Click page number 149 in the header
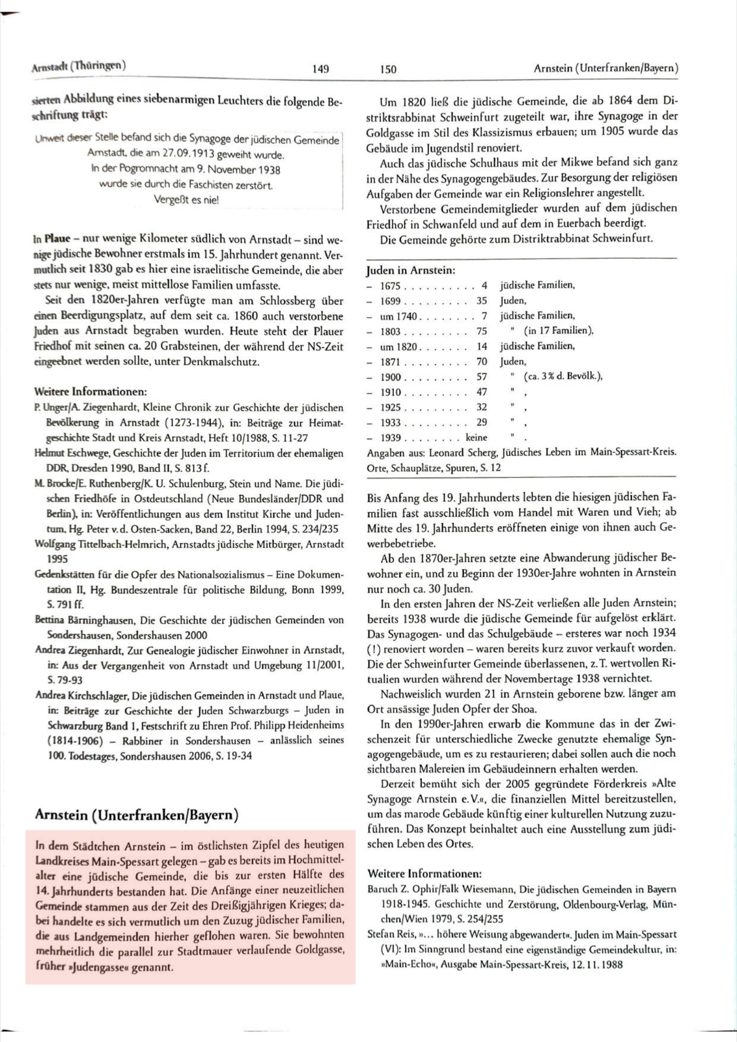tap(320, 68)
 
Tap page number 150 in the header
tap(388, 69)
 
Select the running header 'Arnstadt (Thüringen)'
tap(79, 66)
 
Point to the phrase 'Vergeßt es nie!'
tap(186, 199)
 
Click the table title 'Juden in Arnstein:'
tap(411, 270)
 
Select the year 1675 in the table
tap(391, 286)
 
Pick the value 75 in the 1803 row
tap(482, 331)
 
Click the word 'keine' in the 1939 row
tap(477, 438)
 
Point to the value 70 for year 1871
tap(482, 361)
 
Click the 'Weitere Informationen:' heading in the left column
tap(90, 392)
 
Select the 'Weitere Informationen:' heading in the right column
tap(424, 873)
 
